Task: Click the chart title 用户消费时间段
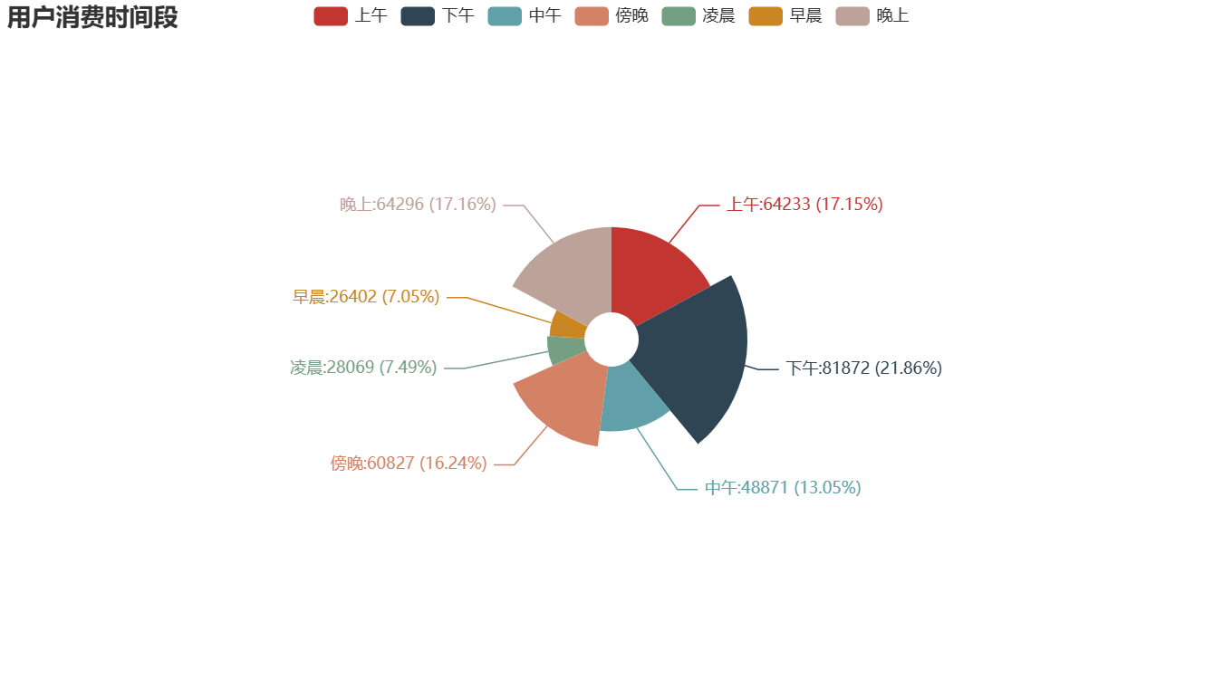[x=92, y=17]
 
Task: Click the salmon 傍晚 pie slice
[x=562, y=398]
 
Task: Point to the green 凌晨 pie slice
[x=564, y=349]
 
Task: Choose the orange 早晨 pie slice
[x=568, y=323]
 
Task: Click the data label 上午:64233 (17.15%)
[x=804, y=205]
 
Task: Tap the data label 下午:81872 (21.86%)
[x=863, y=368]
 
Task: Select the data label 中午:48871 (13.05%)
[x=783, y=487]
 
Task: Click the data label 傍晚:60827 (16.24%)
[x=409, y=464]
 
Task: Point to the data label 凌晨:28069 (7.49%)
[x=363, y=368]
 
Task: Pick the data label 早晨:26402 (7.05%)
[x=366, y=296]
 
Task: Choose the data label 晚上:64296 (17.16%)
[x=418, y=205]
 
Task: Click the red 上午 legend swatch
[x=330, y=15]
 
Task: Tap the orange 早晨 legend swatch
[x=765, y=15]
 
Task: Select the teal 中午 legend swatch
[x=504, y=15]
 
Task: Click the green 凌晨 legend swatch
[x=678, y=15]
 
